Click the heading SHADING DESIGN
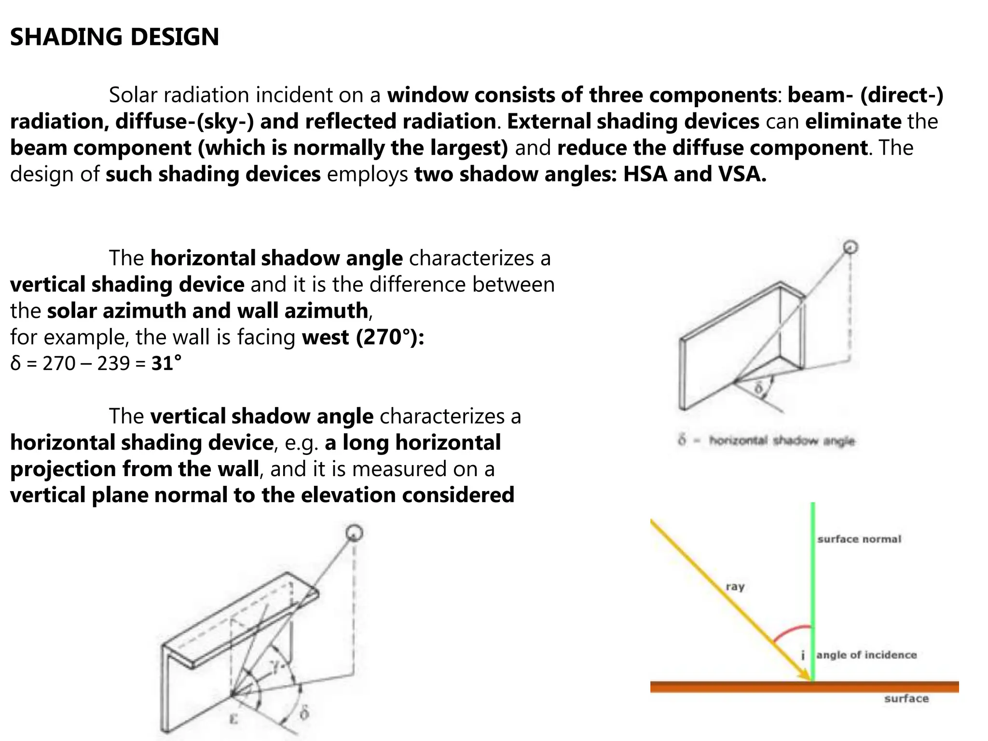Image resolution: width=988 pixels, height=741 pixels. (114, 37)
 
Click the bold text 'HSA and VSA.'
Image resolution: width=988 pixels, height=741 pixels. (694, 174)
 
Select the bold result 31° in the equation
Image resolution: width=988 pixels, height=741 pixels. (166, 363)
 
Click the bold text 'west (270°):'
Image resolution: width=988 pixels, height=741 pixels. (363, 337)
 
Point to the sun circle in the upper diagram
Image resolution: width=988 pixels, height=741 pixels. (850, 247)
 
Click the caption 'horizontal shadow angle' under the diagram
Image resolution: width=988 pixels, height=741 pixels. (782, 441)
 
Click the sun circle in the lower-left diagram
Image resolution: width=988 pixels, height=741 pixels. (354, 533)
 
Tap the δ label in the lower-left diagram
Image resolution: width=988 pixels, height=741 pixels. (304, 713)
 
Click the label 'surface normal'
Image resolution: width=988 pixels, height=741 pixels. (859, 539)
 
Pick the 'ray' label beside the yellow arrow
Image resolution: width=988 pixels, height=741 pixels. (735, 587)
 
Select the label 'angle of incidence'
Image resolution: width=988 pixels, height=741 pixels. (866, 655)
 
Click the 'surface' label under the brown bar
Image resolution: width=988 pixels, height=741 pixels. (906, 699)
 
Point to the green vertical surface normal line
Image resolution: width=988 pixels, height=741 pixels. (813, 579)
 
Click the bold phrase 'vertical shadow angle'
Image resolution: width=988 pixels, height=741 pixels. (261, 416)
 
